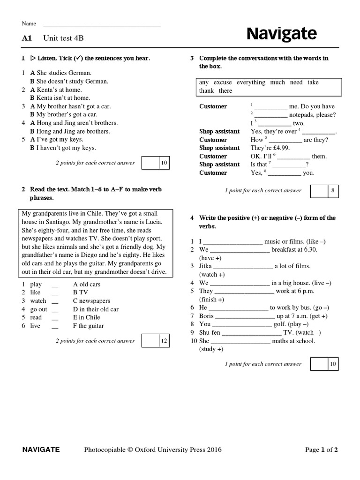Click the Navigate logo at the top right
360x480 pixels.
[x=281, y=34]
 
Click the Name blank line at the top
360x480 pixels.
[x=102, y=24]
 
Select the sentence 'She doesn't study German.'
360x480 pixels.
[x=72, y=82]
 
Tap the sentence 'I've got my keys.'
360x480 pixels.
[x=60, y=140]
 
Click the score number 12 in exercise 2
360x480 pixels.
[x=164, y=341]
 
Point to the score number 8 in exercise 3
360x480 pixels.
[x=333, y=191]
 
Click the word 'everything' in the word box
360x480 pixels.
[x=251, y=82]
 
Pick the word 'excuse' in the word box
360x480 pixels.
[x=223, y=82]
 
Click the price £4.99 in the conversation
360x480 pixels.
[x=269, y=148]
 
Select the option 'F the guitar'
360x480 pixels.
[x=89, y=326]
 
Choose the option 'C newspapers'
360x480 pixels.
[x=91, y=301]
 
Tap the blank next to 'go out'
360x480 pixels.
[x=55, y=310]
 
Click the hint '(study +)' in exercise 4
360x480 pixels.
[x=211, y=349]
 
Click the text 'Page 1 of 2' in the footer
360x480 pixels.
[x=321, y=450]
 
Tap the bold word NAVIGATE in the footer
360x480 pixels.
[x=41, y=450]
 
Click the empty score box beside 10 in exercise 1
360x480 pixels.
[x=150, y=163]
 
